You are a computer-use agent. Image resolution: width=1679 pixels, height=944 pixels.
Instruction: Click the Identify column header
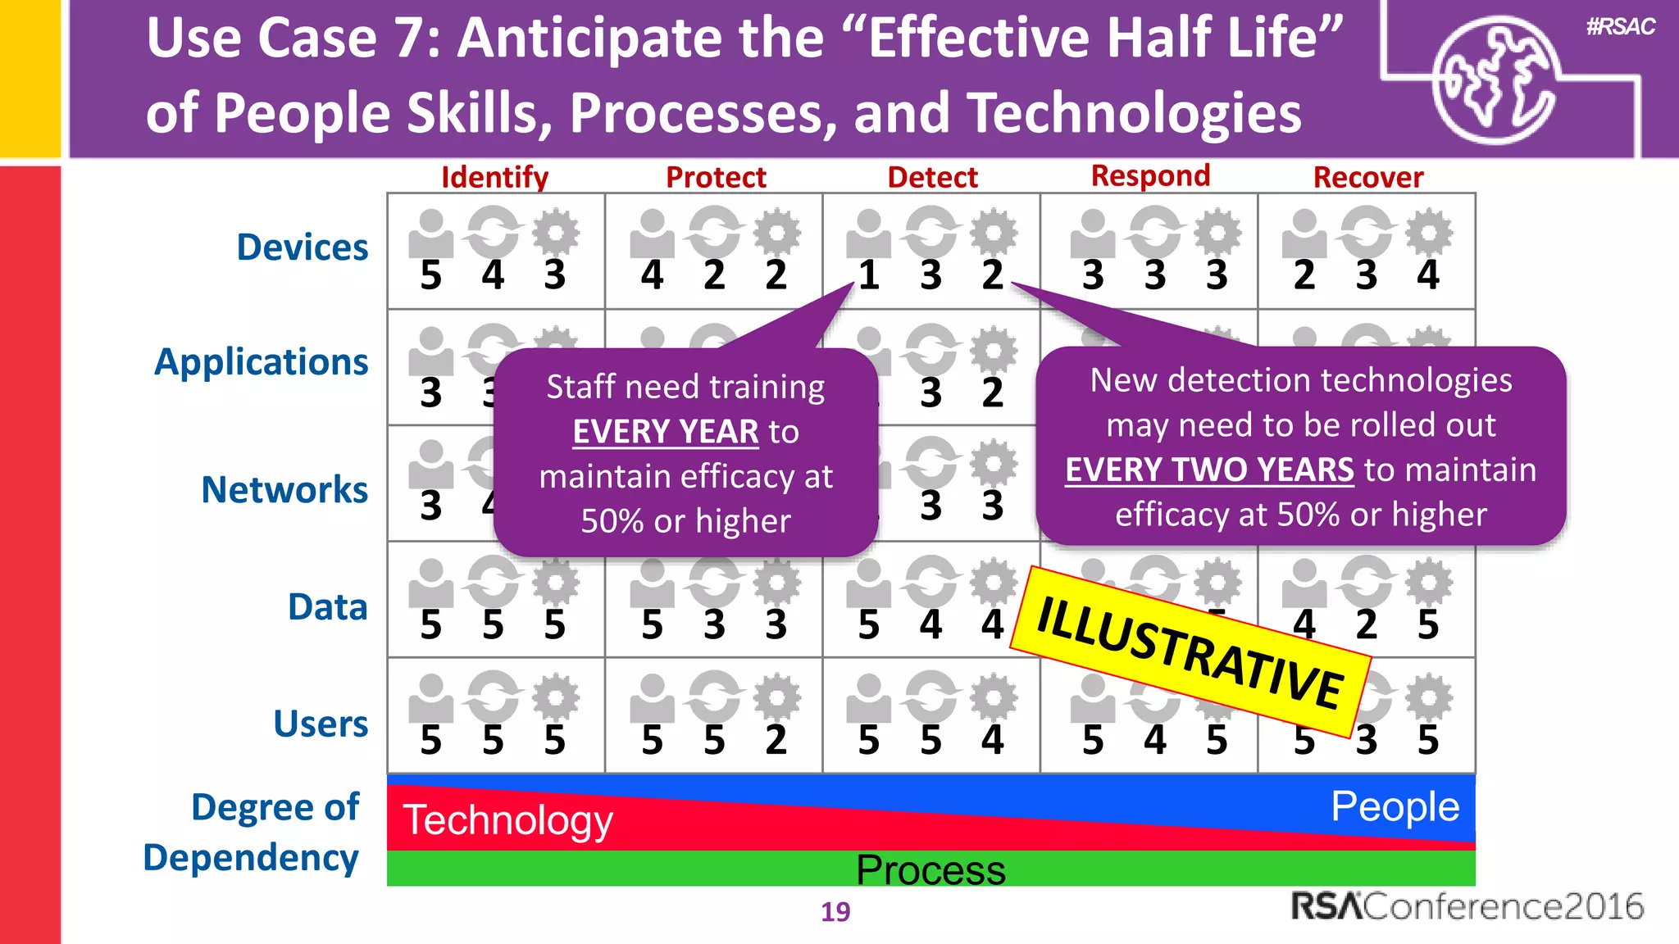tap(494, 177)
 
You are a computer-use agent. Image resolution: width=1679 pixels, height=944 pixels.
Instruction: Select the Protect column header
tap(716, 177)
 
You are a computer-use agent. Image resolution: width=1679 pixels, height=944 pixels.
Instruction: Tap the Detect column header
tap(932, 177)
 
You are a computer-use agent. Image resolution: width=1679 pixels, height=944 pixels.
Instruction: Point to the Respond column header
tap(1150, 175)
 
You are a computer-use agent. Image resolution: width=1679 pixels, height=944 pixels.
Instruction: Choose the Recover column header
tap(1367, 177)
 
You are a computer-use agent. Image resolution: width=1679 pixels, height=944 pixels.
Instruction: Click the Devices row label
tap(302, 247)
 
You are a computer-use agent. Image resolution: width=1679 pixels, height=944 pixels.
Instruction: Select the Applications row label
tap(262, 361)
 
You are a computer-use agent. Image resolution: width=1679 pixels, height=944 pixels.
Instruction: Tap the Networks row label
tap(284, 489)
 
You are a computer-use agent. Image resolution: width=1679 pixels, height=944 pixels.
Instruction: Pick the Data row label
tap(327, 606)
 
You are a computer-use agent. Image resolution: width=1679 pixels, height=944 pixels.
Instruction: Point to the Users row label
tap(321, 724)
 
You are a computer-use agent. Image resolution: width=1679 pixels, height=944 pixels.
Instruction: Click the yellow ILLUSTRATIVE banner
tap(1190, 651)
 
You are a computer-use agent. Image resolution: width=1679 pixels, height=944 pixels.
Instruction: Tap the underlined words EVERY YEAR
tap(666, 431)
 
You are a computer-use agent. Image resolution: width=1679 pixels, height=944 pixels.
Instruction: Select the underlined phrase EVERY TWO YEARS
tap(1209, 470)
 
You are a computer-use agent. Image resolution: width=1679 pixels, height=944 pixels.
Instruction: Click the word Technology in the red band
tap(507, 819)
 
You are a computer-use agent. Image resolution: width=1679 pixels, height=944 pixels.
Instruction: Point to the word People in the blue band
tap(1395, 806)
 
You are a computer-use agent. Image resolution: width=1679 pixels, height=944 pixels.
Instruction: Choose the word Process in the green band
tap(931, 869)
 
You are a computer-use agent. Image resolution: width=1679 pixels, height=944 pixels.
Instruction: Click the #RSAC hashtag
tap(1620, 26)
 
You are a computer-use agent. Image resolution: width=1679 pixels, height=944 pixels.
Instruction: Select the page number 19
tap(835, 911)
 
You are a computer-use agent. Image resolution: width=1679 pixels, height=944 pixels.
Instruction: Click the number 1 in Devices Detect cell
tap(868, 275)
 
